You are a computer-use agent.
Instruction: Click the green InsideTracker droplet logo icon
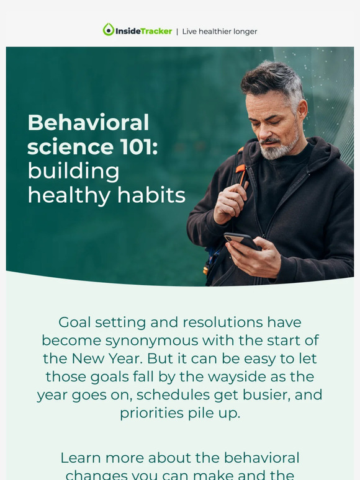109,30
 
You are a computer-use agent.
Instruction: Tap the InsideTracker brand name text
143,31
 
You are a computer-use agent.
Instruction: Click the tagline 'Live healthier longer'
219,31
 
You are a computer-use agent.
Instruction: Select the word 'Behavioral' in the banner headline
88,123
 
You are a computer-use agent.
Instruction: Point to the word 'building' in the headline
73,171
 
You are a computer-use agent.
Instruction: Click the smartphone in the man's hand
241,241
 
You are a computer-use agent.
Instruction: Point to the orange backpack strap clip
241,169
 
